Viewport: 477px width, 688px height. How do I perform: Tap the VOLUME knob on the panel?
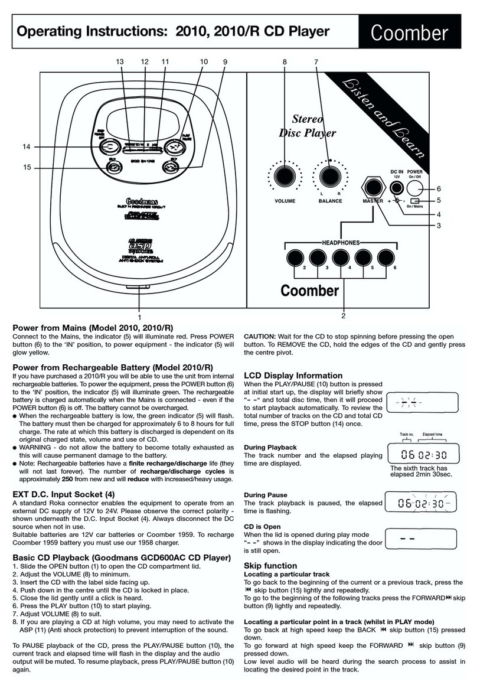tap(285, 176)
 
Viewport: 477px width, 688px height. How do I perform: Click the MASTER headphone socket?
tap(373, 188)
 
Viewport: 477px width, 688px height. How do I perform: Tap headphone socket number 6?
tap(386, 257)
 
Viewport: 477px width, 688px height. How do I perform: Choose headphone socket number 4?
tap(339, 257)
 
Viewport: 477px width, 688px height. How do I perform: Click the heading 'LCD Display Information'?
tap(293, 376)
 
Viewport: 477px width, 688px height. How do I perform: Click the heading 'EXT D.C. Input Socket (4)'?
tap(64, 494)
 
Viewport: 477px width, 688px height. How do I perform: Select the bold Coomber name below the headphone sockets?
tap(309, 291)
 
